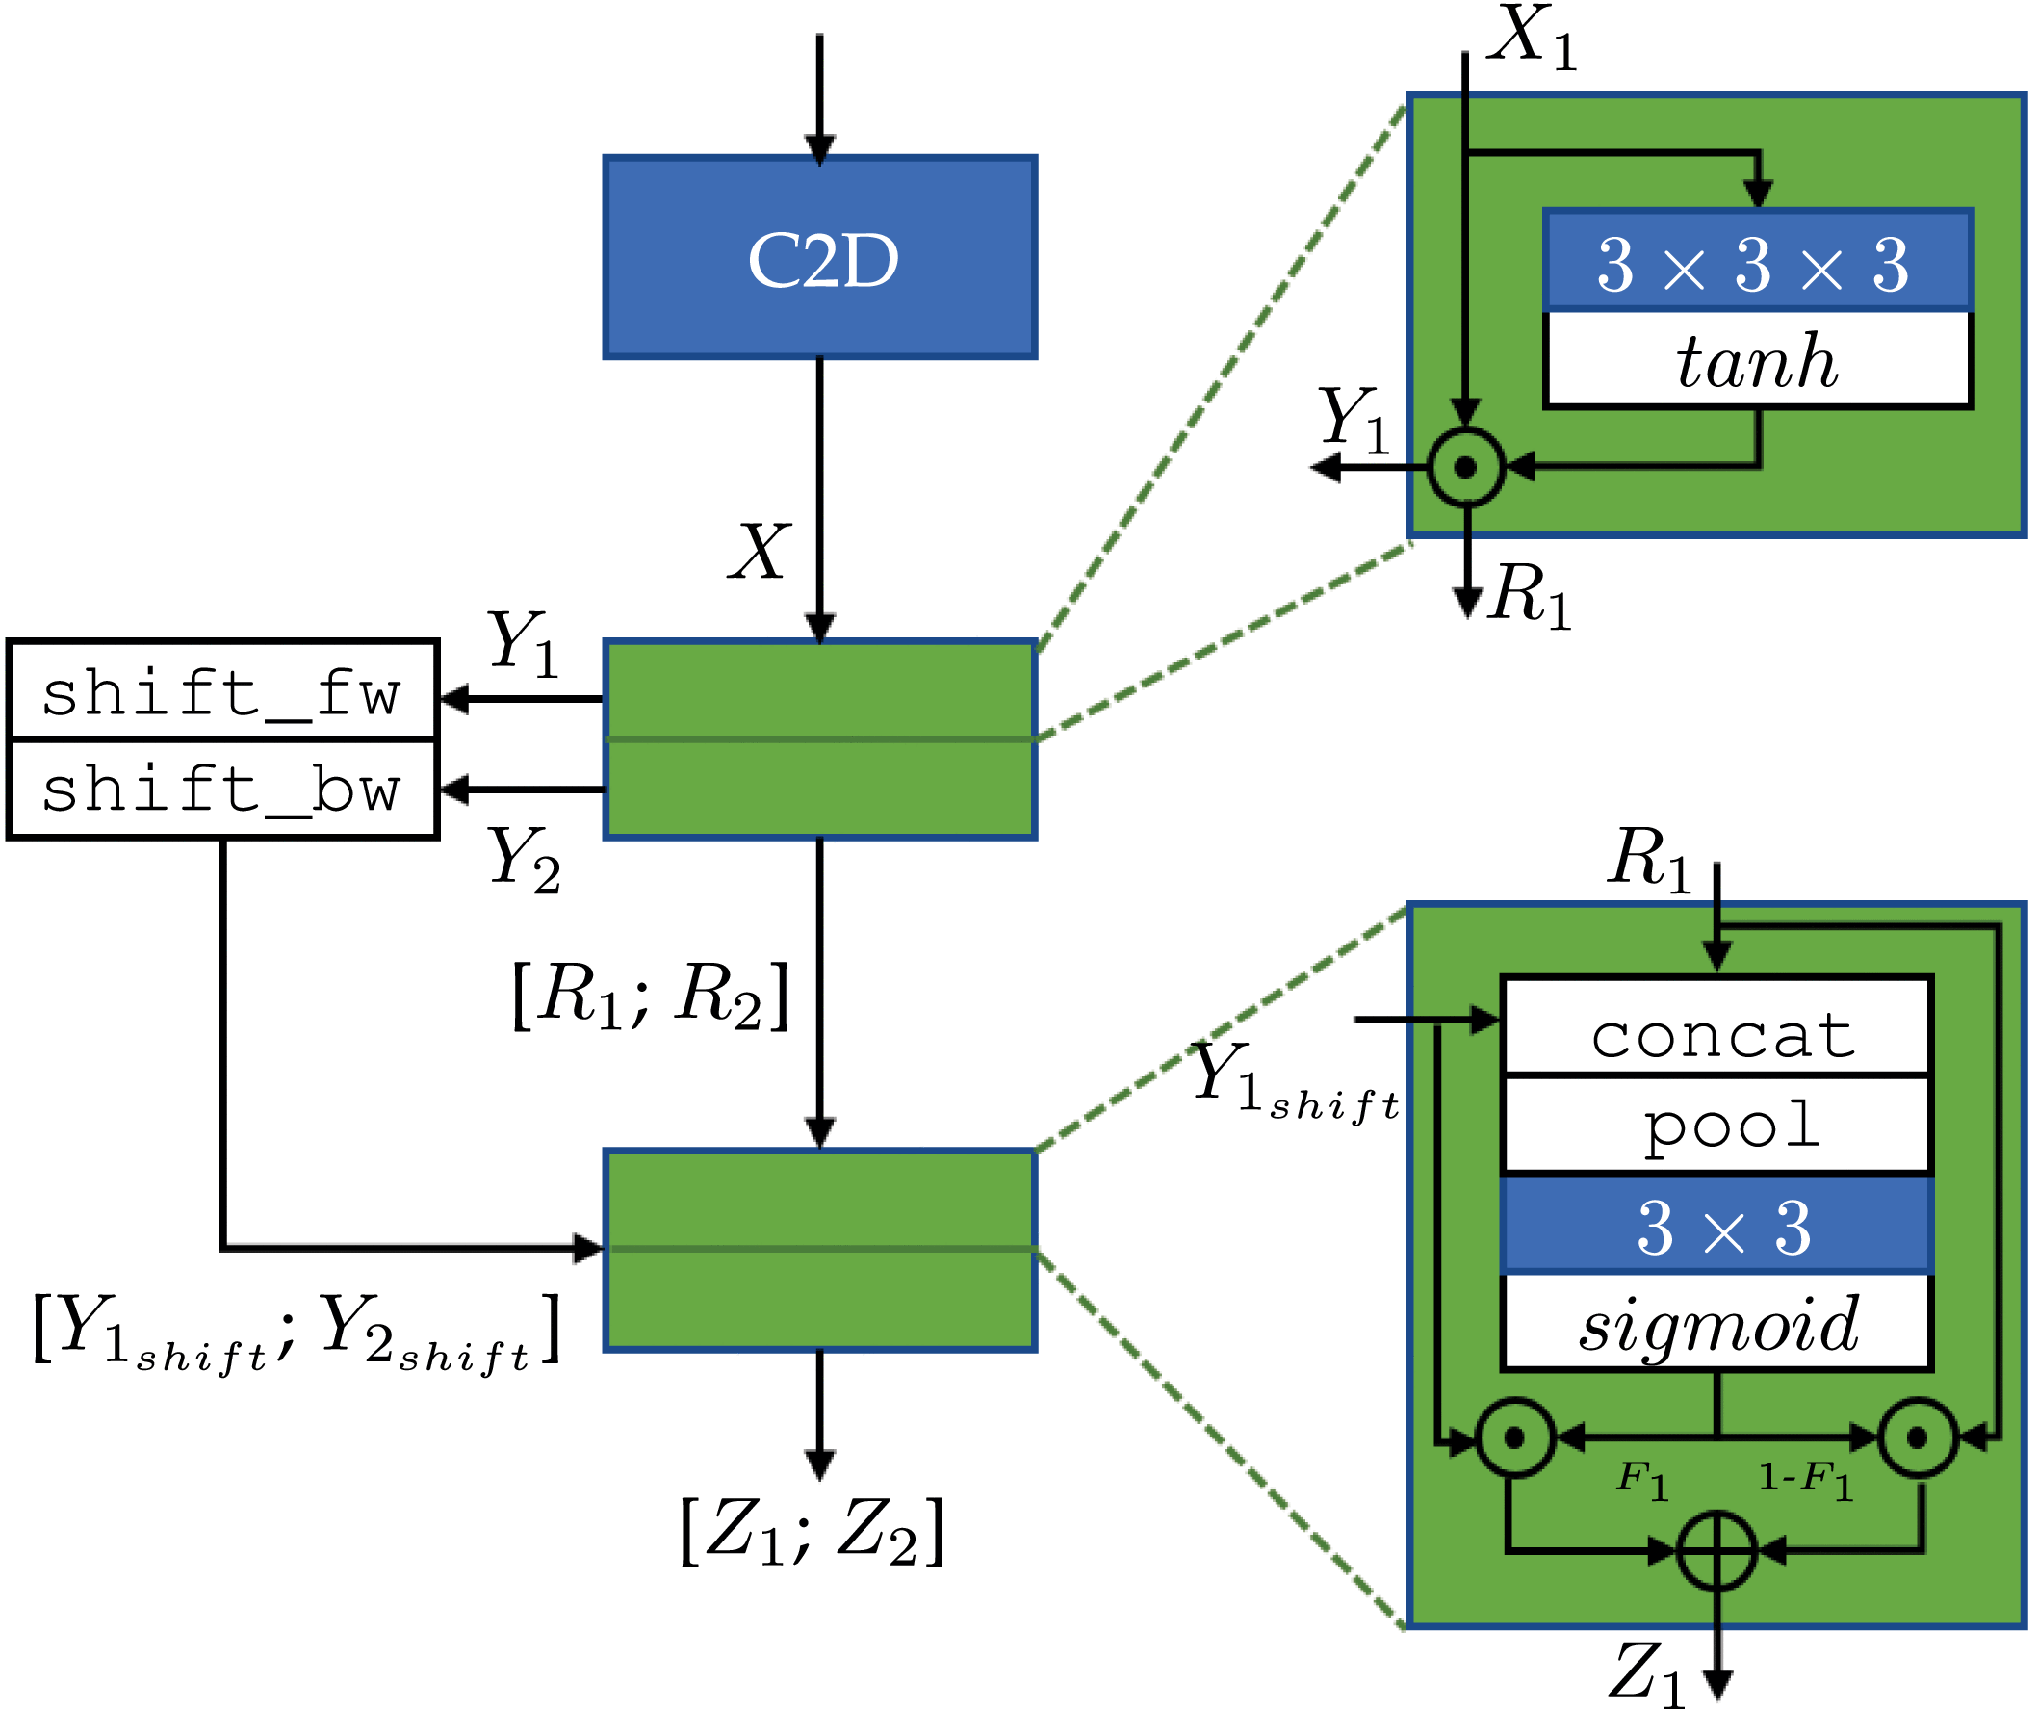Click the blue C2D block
[820, 258]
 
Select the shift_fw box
[222, 691]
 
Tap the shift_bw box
[222, 788]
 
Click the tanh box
[1758, 360]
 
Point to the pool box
[1716, 1126]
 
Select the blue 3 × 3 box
[1716, 1226]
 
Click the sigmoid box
[1716, 1323]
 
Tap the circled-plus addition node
[1716, 1550]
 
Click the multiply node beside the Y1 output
[1466, 468]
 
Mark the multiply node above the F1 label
[1515, 1437]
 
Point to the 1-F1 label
[1806, 1481]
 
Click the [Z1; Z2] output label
[813, 1531]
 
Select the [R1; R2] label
[650, 995]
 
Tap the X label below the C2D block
[760, 553]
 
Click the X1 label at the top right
[1534, 37]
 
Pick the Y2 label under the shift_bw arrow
[525, 858]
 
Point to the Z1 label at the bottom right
[1648, 1671]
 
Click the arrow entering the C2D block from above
[820, 97]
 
